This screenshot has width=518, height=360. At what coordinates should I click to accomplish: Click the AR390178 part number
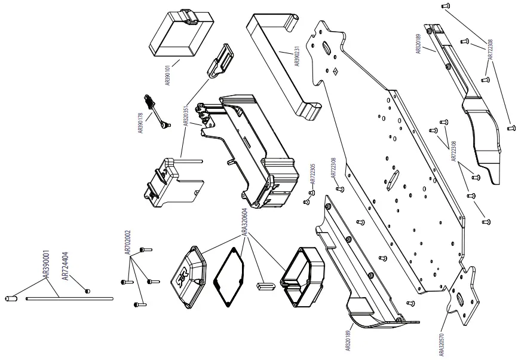click(142, 123)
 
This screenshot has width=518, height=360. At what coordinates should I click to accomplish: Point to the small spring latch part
click(157, 111)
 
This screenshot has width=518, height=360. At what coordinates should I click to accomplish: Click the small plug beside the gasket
click(265, 285)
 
